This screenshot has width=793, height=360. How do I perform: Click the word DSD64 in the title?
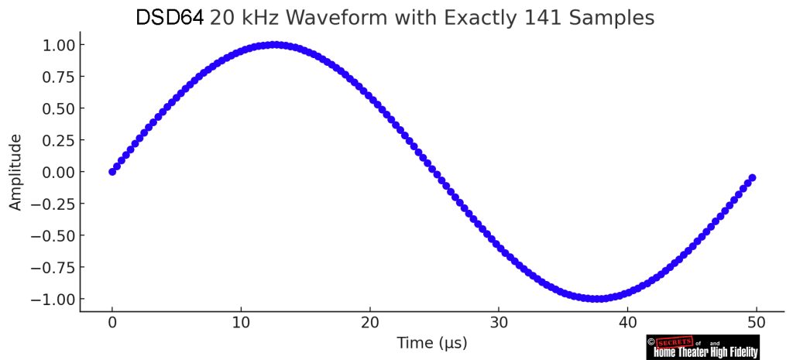[x=170, y=17]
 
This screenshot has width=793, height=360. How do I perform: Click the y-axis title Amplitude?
[x=15, y=172]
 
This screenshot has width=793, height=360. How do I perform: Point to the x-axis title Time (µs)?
[x=431, y=342]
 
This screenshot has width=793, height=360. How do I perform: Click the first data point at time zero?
[x=112, y=172]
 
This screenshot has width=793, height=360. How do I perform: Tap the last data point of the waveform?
[x=752, y=178]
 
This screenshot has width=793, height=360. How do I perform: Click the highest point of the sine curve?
[x=273, y=45]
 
